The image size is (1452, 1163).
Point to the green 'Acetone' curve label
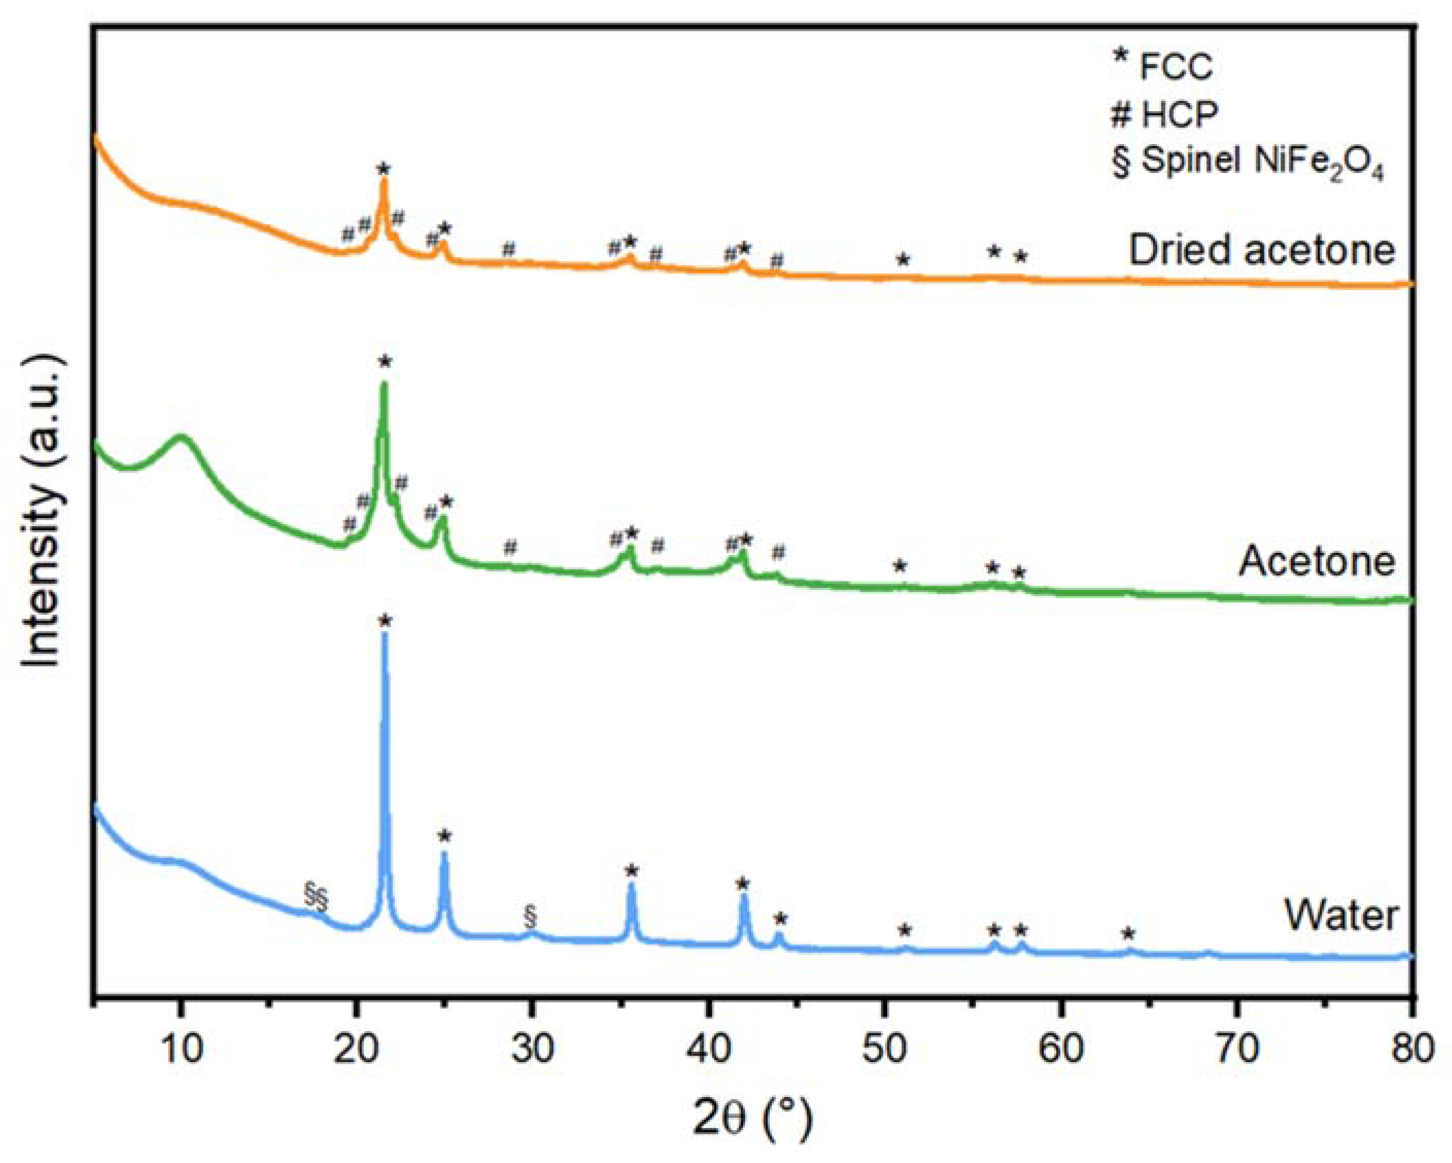[1317, 561]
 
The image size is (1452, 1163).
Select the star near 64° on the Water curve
[1129, 934]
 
